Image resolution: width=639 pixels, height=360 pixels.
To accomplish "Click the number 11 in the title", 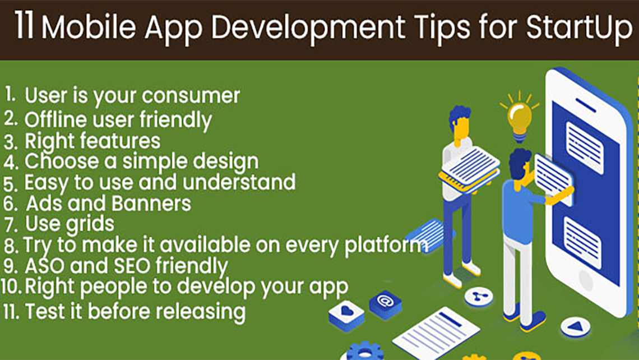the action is (x=24, y=26).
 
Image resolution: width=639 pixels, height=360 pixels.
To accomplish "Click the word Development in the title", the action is (x=308, y=27).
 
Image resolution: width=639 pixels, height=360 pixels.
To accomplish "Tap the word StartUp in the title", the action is (x=578, y=27).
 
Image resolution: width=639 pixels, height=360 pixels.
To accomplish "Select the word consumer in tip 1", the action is (x=191, y=96).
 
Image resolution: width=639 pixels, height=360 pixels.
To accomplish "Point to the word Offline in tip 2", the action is (x=56, y=120).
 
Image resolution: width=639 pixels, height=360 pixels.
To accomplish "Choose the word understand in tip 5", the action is (x=239, y=182).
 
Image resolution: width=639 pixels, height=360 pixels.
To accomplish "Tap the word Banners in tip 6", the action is (x=151, y=204).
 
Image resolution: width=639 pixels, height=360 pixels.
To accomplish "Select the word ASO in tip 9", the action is (x=45, y=266).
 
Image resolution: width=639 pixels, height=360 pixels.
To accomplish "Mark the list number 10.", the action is (x=11, y=286).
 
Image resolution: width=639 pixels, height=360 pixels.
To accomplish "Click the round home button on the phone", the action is (x=585, y=280).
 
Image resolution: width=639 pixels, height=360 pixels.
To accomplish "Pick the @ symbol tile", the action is (x=385, y=304).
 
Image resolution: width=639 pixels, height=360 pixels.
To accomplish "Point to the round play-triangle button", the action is (x=576, y=326).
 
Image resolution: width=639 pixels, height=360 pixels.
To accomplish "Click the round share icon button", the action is (x=479, y=297).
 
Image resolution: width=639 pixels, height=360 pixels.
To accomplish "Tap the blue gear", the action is (x=365, y=351).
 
